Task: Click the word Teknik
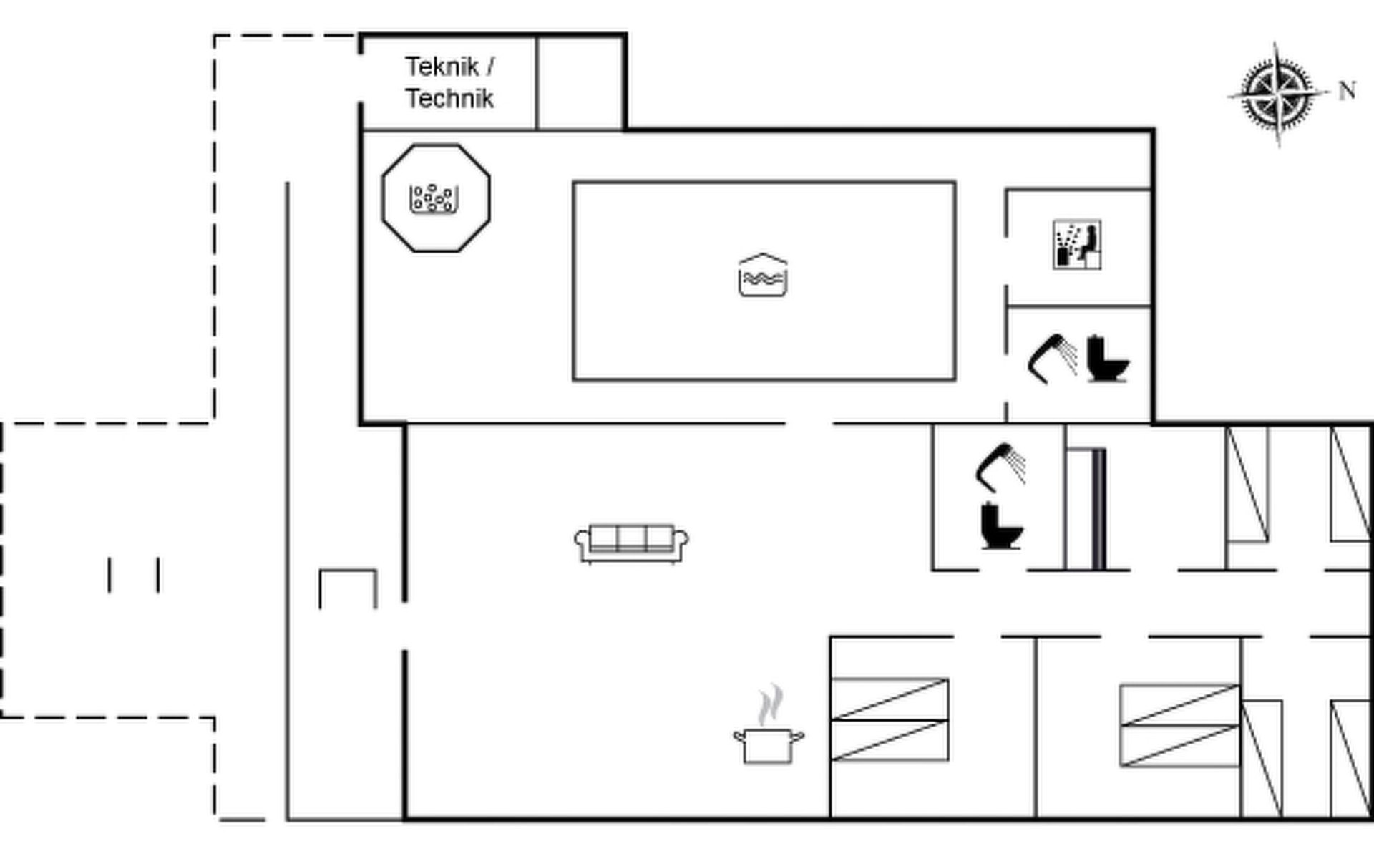442,67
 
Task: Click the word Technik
449,98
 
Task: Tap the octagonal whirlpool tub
436,198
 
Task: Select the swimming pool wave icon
763,275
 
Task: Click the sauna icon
1077,245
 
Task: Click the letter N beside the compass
1347,91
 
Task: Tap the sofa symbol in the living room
632,544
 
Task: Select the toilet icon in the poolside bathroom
1107,359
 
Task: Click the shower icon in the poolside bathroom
1052,358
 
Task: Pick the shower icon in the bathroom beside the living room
1000,467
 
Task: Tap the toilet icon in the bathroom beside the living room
1002,525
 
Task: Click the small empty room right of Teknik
580,84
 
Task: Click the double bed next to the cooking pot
890,719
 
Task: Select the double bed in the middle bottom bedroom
1180,726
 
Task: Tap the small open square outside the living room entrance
348,589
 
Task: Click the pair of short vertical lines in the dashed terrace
134,575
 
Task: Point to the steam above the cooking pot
770,705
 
